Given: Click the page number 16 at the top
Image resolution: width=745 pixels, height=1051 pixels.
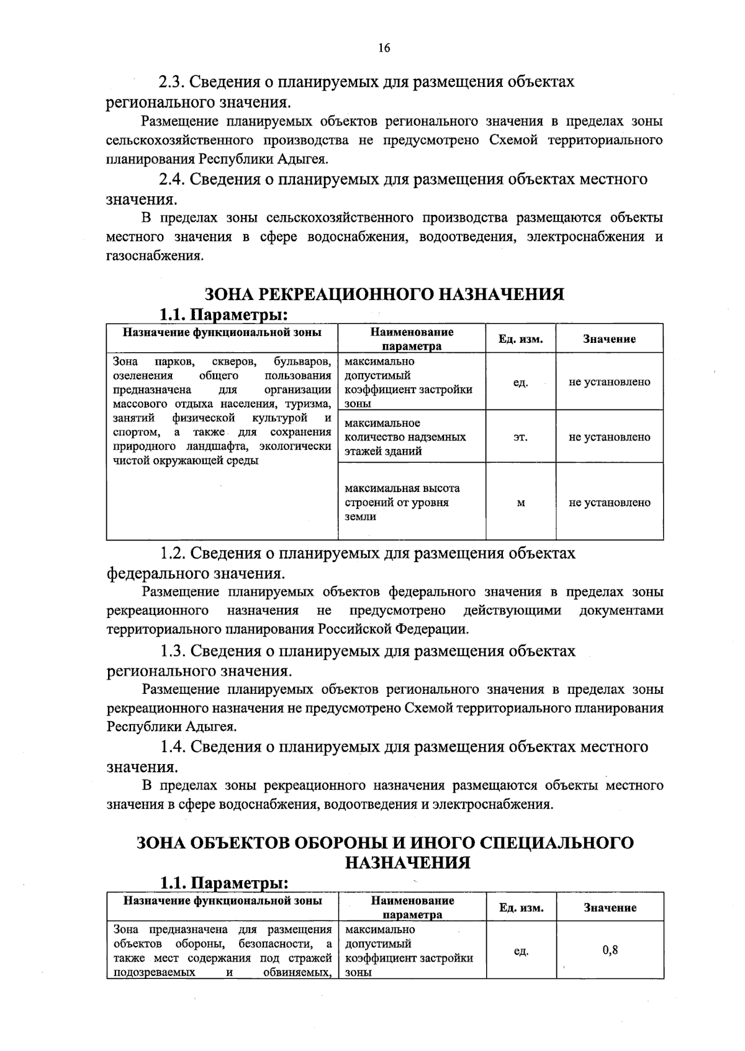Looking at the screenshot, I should click(384, 48).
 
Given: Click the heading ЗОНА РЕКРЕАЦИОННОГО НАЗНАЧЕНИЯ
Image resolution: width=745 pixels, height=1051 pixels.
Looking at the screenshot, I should click(384, 293).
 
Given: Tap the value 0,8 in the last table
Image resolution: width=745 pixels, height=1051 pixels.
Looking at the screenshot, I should click(610, 950).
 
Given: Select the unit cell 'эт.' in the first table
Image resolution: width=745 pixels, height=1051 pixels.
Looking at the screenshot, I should click(520, 437).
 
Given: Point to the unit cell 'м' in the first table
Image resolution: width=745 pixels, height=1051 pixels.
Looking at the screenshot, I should click(520, 503).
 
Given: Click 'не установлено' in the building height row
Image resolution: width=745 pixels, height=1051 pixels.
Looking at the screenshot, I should click(609, 503).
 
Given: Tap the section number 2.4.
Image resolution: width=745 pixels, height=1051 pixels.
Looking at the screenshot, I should click(171, 180).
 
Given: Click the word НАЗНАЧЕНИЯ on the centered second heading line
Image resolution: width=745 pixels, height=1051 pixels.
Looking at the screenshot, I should click(407, 862).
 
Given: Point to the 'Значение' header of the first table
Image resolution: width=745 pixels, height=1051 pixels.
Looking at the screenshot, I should click(608, 339).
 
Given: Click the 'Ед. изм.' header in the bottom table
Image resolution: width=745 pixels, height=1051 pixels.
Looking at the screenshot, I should click(521, 908).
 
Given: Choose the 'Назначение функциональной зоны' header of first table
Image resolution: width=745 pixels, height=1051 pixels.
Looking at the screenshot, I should click(222, 332).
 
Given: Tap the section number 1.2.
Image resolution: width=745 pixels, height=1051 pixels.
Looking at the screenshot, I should click(173, 553).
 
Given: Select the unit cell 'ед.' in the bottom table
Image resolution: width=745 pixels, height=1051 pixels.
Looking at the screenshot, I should click(521, 951).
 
